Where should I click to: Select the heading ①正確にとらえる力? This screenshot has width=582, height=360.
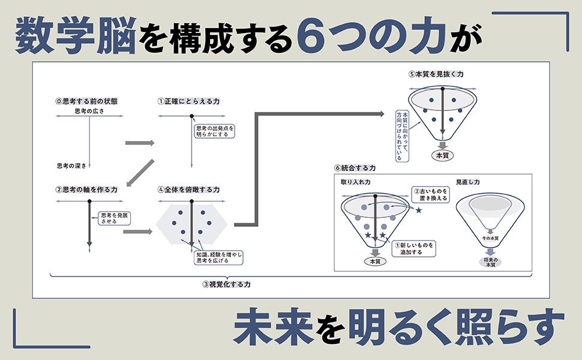[x=188, y=101]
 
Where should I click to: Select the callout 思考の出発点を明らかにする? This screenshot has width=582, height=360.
[x=214, y=131]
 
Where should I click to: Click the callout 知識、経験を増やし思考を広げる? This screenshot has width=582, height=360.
[x=218, y=257]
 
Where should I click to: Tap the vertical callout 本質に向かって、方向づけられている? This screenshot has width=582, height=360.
[x=403, y=135]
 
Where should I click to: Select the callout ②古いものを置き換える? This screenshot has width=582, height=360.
[x=430, y=194]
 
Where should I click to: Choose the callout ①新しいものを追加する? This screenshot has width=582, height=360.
[x=413, y=248]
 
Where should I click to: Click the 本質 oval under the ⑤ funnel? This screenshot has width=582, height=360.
[x=442, y=155]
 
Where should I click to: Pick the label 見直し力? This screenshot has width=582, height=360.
[x=467, y=181]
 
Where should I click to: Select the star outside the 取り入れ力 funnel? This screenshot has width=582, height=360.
[x=419, y=209]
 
